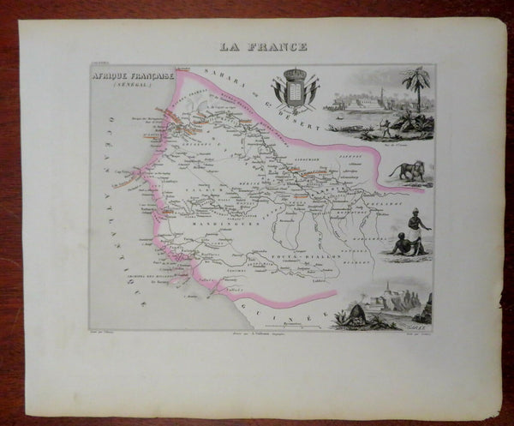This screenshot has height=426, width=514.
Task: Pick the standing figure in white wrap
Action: [411, 230]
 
